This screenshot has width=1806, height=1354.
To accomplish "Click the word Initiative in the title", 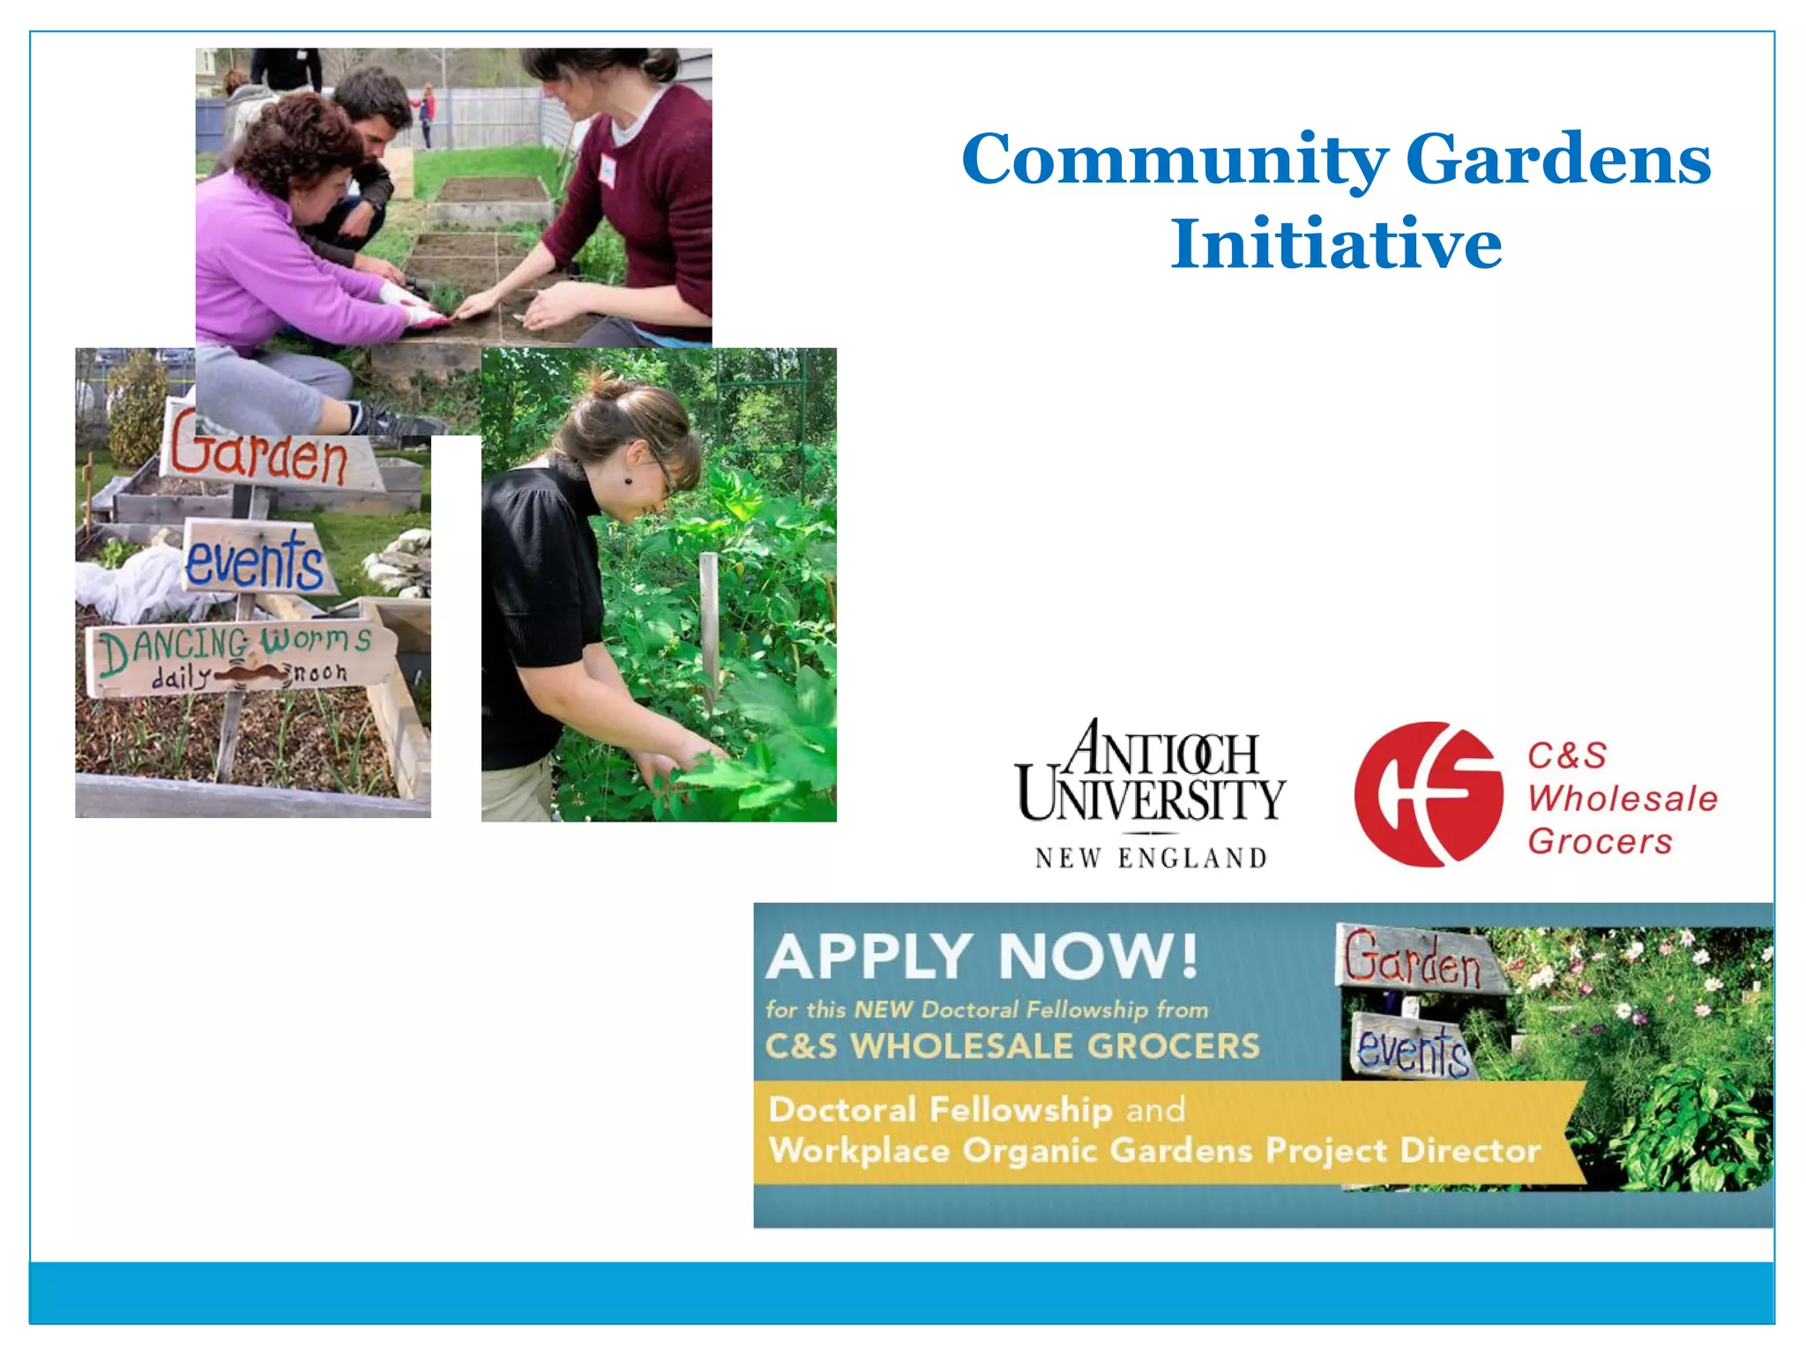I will click(1336, 244).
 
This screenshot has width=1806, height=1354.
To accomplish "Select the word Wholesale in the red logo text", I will click(1623, 799).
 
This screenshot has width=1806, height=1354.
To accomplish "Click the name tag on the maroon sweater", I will click(608, 168).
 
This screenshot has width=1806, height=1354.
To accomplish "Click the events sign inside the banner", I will click(1412, 1047).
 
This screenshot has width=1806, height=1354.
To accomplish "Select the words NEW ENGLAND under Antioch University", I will click(1151, 858).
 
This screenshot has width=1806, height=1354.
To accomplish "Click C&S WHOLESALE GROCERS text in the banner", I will click(1012, 1046).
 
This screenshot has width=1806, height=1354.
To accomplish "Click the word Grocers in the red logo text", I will click(1600, 842).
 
